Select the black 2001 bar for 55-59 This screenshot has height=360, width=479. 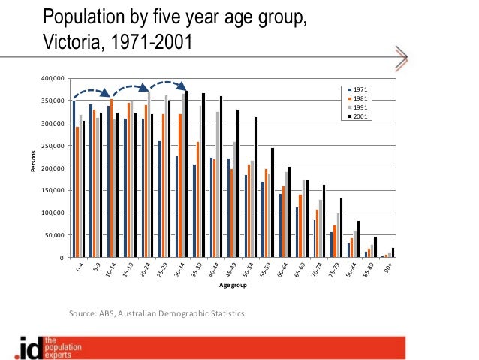click(273, 203)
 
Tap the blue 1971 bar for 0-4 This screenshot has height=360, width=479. click(74, 180)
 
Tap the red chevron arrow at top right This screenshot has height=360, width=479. click(400, 59)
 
